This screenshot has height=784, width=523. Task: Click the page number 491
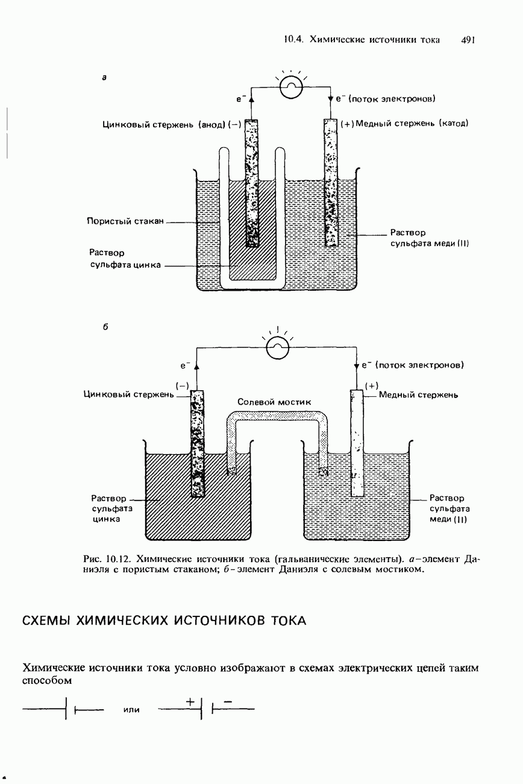click(x=468, y=40)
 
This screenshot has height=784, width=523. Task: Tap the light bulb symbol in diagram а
click(x=291, y=87)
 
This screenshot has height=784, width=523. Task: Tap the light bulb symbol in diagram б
click(x=278, y=347)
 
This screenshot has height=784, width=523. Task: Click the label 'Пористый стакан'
click(x=125, y=221)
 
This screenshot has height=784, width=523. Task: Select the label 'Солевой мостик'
click(x=274, y=402)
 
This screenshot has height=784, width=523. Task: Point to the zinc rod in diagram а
click(x=251, y=183)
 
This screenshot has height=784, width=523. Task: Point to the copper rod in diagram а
click(x=331, y=183)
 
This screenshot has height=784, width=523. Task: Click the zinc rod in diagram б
click(x=198, y=443)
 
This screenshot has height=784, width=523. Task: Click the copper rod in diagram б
click(x=357, y=443)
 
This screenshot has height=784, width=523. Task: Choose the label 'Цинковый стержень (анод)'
click(x=164, y=125)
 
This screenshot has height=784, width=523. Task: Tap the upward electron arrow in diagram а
click(x=252, y=99)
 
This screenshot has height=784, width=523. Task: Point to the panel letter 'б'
click(x=105, y=326)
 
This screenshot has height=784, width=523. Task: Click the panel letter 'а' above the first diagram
click(x=104, y=78)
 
